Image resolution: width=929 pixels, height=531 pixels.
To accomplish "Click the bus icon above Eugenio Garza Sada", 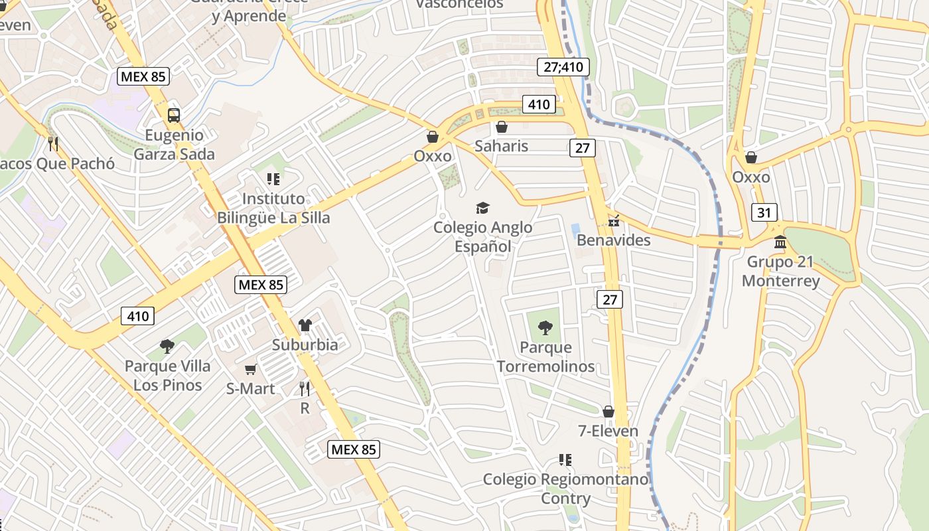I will tap(173, 115).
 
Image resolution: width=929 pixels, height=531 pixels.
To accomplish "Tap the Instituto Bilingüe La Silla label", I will tap(273, 208).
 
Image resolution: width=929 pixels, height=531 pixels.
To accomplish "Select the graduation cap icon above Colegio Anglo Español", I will tap(482, 208).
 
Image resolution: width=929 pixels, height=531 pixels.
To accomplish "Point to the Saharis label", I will tap(501, 146).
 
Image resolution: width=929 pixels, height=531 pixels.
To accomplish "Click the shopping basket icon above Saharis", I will tap(502, 126).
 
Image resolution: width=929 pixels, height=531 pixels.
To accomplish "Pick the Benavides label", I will tap(613, 240).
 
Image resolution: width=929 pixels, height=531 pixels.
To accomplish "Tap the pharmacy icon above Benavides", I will tap(614, 220).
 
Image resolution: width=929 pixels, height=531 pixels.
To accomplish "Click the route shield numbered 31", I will tap(764, 212).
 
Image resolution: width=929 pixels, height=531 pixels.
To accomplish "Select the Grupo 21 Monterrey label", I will tap(780, 271).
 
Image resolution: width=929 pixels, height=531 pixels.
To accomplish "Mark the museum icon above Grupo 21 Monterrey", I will tap(780, 242).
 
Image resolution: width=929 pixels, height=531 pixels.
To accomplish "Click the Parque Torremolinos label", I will tap(545, 356).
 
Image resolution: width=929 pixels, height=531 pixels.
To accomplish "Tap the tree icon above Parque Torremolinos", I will tap(545, 327).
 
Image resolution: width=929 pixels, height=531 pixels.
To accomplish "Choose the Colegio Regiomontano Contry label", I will tap(565, 489).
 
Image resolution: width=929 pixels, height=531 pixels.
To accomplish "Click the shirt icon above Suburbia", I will tap(305, 325).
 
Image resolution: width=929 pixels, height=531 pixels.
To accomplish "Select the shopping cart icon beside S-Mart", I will tap(250, 369).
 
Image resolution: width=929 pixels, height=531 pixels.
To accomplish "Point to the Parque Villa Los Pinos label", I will tap(167, 375).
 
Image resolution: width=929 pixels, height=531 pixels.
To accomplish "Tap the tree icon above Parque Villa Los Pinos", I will tap(167, 346).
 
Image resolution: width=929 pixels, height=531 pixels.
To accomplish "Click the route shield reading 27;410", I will tap(563, 67).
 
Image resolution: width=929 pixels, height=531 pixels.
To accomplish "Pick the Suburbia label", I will tap(305, 344).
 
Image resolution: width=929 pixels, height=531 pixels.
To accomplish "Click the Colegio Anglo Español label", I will tap(482, 237).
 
